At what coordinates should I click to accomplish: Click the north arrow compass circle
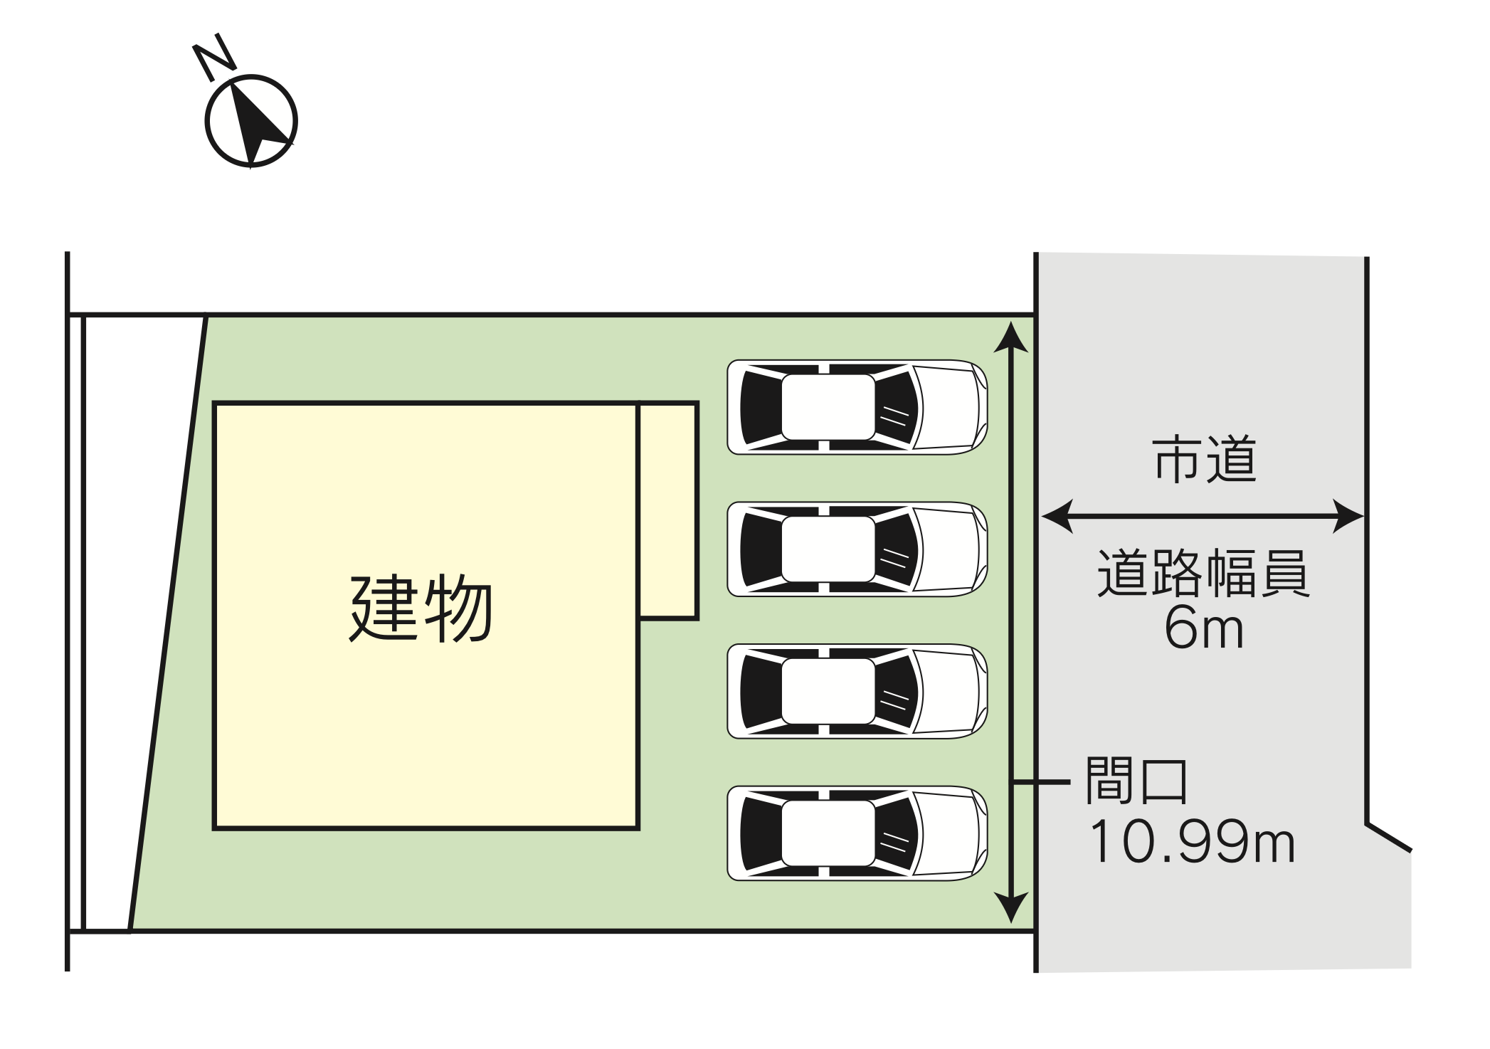[x=251, y=121]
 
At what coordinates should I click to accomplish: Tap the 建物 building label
[x=421, y=608]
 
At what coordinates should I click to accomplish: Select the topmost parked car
[x=857, y=407]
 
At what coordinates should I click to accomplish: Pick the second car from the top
[x=857, y=549]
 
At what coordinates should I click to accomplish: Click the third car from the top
[x=857, y=692]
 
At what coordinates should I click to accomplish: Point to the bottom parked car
[x=857, y=833]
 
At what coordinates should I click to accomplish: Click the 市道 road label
[x=1205, y=460]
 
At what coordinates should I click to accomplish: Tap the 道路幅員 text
[x=1203, y=572]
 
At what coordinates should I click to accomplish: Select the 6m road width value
[x=1204, y=628]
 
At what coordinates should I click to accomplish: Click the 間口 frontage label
[x=1136, y=781]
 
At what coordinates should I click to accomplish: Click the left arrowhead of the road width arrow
[x=1057, y=517]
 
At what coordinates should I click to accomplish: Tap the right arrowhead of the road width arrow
[x=1348, y=517]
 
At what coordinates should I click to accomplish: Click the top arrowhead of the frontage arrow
[x=1011, y=337]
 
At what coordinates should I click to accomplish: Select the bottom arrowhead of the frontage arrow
[x=1011, y=908]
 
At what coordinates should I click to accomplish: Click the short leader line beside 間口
[x=1041, y=782]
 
